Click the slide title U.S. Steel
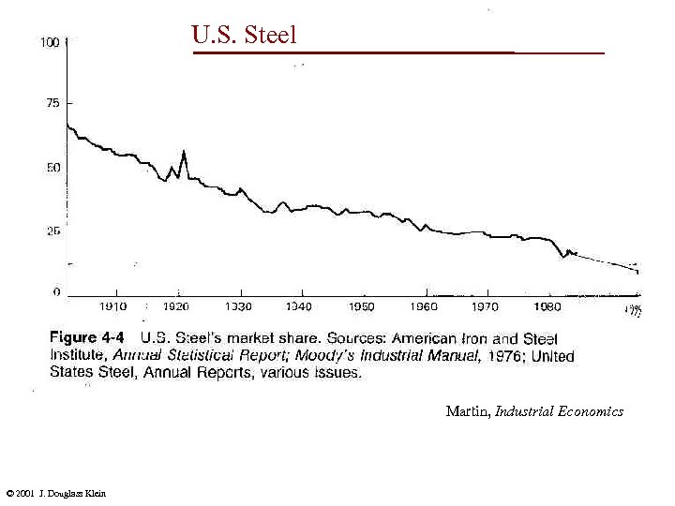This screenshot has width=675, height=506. point(244,36)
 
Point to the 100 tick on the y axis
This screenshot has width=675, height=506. point(51,42)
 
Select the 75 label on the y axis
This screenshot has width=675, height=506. point(52,103)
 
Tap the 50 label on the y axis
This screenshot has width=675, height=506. point(52,168)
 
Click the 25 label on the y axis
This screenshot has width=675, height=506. point(52,231)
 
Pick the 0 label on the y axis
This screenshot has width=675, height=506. point(56,292)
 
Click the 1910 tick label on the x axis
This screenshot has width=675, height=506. point(113,306)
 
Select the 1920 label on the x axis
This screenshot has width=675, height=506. point(176,306)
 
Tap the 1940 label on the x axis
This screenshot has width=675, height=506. point(300,306)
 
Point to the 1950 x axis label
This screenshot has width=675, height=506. point(362,306)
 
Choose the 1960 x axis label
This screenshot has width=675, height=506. point(425,306)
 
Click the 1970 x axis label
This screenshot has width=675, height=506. point(485,306)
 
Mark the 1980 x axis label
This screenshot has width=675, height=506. point(547,306)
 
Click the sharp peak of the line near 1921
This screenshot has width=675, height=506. point(184,151)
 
